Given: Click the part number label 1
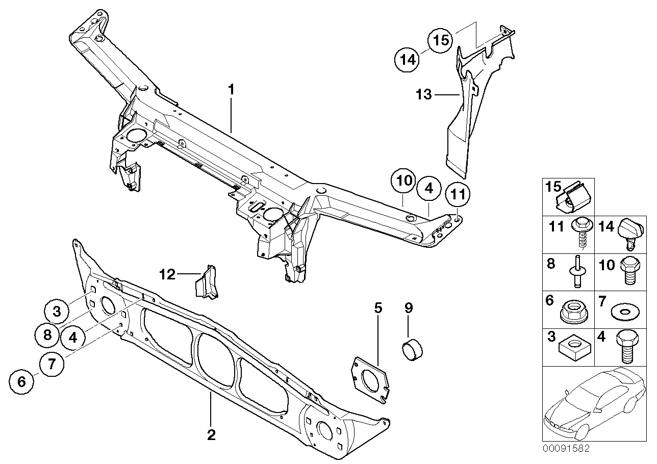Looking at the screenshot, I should tap(231, 90).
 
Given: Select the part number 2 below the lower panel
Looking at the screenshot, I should tap(211, 435).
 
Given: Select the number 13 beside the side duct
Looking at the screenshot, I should tap(424, 94).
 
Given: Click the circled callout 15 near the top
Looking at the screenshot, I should tap(440, 40).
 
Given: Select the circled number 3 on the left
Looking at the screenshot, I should tap(58, 311).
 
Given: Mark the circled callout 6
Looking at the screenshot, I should tap(22, 380).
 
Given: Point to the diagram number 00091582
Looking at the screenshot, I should tap(566, 449).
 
